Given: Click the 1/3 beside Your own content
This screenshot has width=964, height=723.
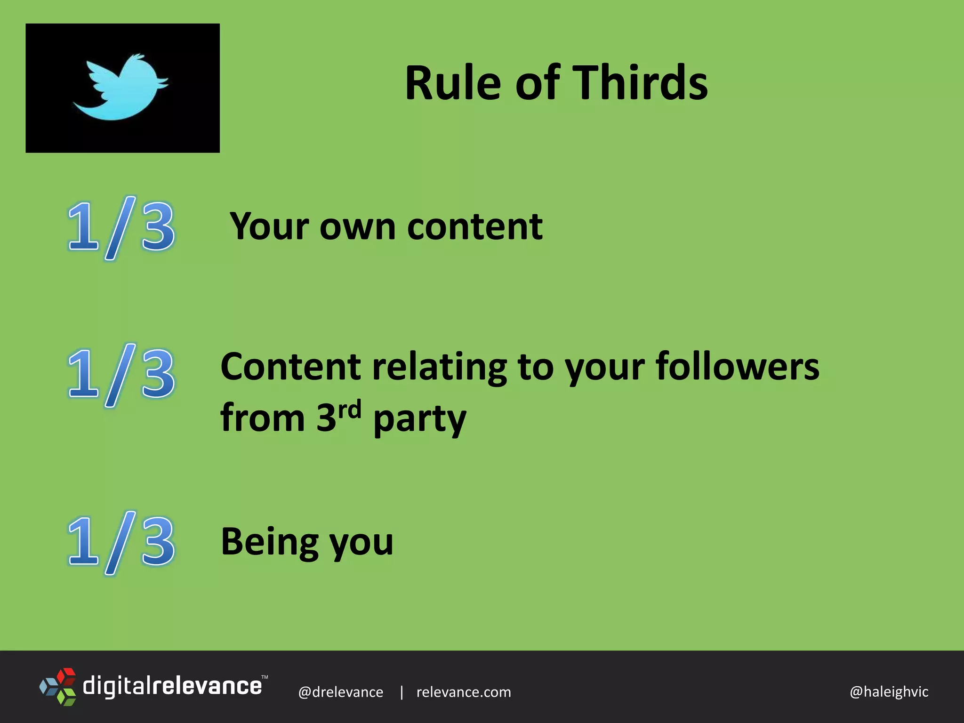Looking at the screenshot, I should pos(121,228).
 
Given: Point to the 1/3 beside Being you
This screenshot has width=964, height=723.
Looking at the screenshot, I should pos(121,542).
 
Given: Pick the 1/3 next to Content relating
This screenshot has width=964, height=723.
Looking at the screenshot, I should pos(121,375).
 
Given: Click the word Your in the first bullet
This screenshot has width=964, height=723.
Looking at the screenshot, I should pos(269,227).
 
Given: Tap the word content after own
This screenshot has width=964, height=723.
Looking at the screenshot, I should pos(475,227).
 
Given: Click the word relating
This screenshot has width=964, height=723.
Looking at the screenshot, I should pos(440,368).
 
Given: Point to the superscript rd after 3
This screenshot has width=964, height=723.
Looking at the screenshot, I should pos(349,409).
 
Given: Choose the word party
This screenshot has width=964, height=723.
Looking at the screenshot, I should pos(419,419).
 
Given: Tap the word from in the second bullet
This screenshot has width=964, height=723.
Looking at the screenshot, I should pos(263,418).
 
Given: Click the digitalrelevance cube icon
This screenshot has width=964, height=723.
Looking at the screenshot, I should pos(58,686).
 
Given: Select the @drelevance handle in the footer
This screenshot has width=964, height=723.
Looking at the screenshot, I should pos(341,692).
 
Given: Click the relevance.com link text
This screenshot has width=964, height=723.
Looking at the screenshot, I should pos(464,692).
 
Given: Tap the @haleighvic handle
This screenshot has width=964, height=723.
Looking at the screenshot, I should pos(889,691).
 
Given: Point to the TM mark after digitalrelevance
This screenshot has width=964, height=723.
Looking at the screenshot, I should pos(265,677).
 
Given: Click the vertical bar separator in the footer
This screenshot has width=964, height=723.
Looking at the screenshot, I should pos(401,692).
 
